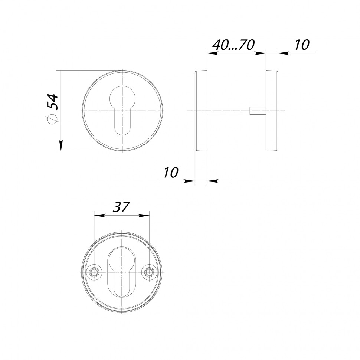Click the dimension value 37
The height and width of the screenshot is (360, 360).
click(x=121, y=207)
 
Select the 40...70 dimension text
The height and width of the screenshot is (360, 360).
click(x=233, y=45)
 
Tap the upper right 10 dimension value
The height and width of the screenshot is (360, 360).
click(x=301, y=45)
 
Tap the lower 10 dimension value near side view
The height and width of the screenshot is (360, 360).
click(x=171, y=173)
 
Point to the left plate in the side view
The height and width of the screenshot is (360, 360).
click(x=201, y=111)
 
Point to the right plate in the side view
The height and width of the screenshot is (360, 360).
click(x=271, y=111)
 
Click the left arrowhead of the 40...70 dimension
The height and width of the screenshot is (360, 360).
click(x=212, y=53)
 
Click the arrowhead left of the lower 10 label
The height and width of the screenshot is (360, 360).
click(x=190, y=181)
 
